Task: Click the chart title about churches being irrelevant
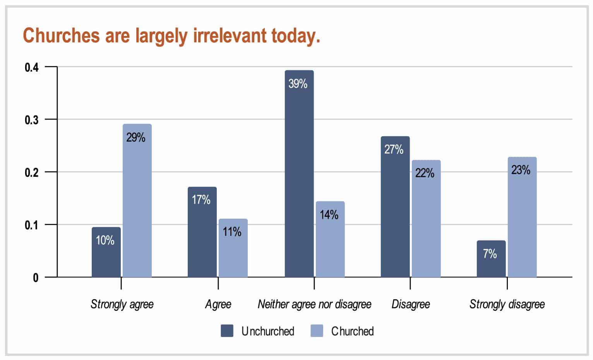pos(171,36)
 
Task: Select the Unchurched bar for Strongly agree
pos(106,252)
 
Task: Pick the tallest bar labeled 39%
pos(299,174)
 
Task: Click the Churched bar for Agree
pos(233,248)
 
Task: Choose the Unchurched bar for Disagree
pos(395,207)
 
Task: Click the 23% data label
pos(521,170)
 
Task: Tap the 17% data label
pos(201,200)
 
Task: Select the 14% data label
pos(329,214)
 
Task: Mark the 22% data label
pos(425,173)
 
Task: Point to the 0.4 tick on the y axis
pos(32,67)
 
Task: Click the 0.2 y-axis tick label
pos(32,172)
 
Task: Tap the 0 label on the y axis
pos(36,278)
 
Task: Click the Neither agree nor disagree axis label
pos(314,304)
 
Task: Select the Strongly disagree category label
pos(507,304)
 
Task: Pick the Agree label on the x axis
pos(218,304)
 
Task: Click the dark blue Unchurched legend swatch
pos(227,331)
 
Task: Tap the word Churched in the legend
pos(352,331)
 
